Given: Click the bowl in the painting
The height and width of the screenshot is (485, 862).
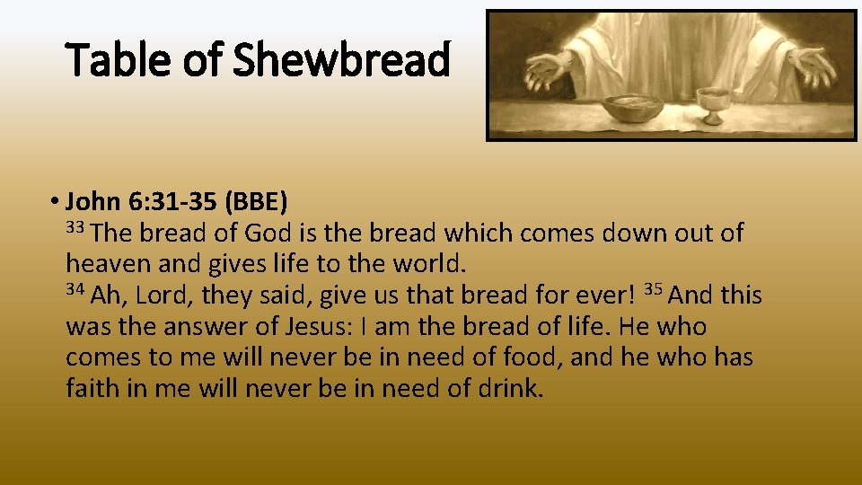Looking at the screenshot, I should (632, 109).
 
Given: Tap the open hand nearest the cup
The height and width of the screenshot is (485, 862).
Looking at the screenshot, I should (813, 64).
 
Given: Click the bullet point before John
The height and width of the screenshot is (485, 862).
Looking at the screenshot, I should (56, 199).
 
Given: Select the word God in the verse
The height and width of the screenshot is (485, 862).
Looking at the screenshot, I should (268, 234).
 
